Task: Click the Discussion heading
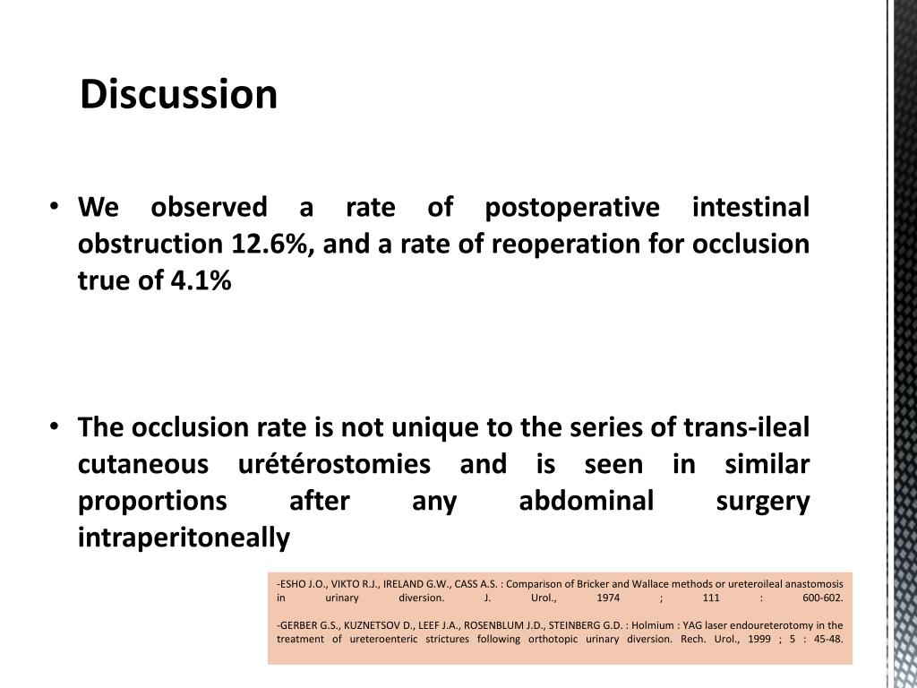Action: point(178,95)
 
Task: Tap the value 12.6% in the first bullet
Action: point(269,244)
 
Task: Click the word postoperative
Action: point(570,207)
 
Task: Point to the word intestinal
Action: point(751,207)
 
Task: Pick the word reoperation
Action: point(510,244)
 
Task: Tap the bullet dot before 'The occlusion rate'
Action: point(56,427)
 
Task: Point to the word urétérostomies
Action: point(334,464)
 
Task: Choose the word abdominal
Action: point(587,501)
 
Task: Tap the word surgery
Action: point(763,501)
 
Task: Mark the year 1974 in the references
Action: point(608,597)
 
